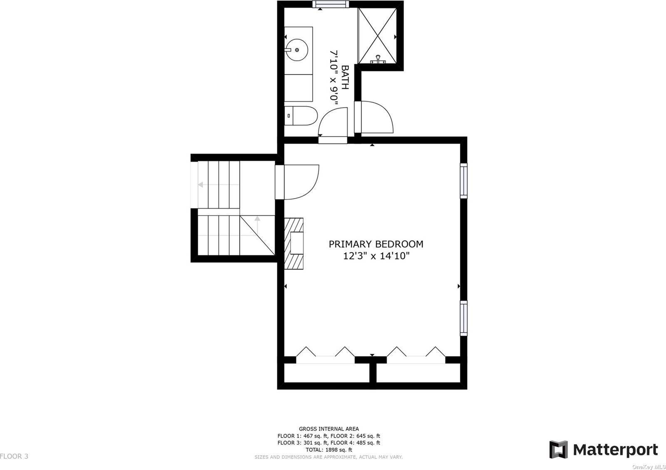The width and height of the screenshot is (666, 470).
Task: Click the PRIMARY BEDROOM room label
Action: [376, 244]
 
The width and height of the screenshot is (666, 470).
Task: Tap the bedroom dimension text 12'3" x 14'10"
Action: [376, 256]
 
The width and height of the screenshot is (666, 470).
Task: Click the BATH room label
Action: [345, 77]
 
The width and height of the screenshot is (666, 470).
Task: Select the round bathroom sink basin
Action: [296, 50]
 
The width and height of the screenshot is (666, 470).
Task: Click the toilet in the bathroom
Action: [301, 116]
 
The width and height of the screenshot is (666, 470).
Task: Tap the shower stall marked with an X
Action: [378, 36]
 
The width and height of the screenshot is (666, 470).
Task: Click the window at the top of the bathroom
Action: [331, 4]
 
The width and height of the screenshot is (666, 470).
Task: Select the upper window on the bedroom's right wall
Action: [464, 180]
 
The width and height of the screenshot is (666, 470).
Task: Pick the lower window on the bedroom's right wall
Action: [464, 318]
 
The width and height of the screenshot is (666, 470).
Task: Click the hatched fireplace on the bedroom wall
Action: [294, 244]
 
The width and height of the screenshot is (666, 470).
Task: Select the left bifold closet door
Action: [326, 354]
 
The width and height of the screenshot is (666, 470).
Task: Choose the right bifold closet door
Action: [416, 354]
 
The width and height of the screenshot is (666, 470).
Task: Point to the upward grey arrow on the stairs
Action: [258, 225]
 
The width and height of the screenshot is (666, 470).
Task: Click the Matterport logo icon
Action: [558, 449]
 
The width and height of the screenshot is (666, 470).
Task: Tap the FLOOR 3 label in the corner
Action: [14, 456]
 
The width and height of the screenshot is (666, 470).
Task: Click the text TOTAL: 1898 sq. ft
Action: [329, 450]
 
